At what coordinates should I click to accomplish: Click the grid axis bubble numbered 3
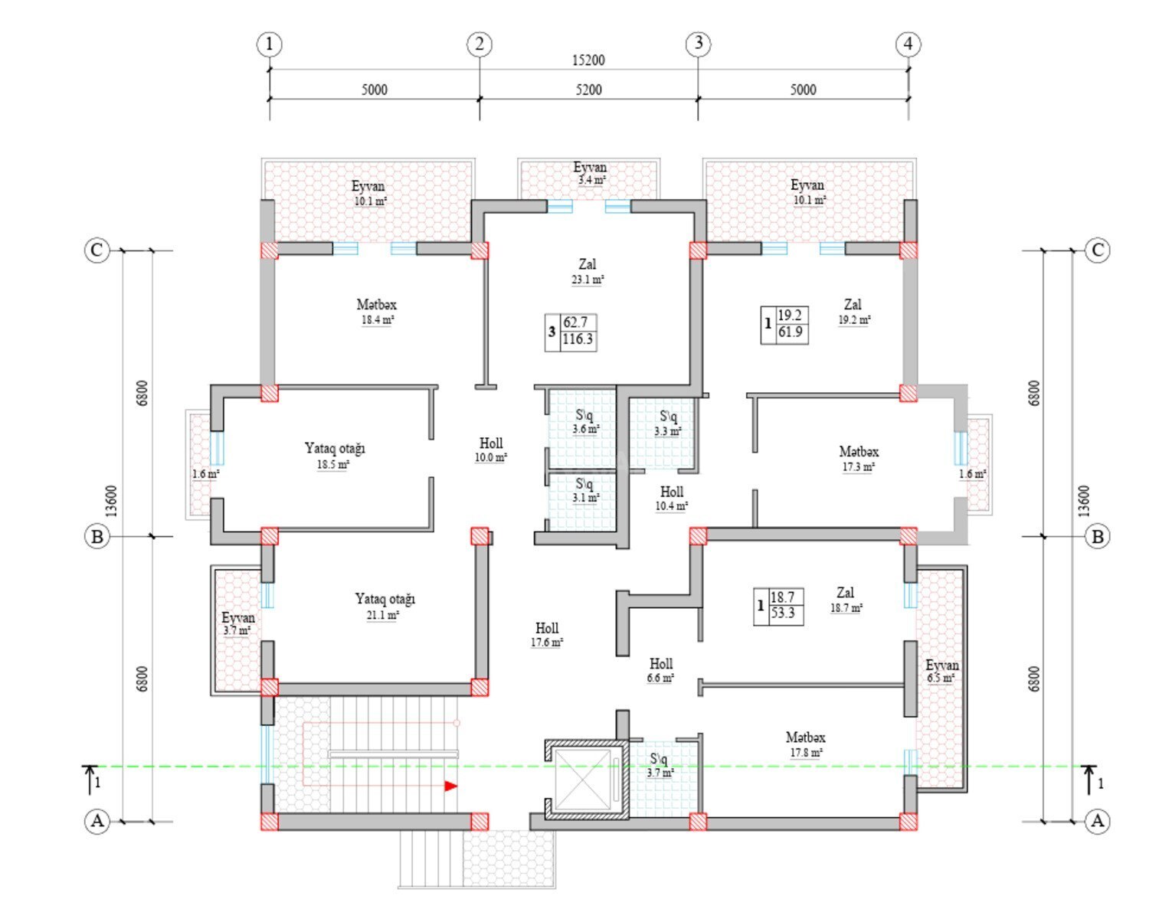click(x=698, y=43)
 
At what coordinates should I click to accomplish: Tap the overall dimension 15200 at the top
click(x=588, y=60)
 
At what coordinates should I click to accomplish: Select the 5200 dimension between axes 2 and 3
click(x=588, y=90)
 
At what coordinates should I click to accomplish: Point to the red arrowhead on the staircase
click(x=451, y=787)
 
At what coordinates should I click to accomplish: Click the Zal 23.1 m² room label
click(x=588, y=271)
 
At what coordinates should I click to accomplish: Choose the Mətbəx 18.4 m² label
click(x=377, y=312)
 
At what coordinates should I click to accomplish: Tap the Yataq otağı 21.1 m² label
click(x=385, y=607)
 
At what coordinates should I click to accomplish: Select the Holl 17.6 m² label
click(x=547, y=634)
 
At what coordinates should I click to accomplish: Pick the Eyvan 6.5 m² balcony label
click(x=941, y=671)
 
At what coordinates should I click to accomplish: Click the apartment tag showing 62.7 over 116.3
click(x=571, y=332)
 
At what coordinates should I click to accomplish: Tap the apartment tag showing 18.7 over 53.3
click(x=778, y=607)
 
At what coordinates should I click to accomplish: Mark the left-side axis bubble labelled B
click(x=97, y=537)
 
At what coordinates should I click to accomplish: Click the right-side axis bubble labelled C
click(x=1097, y=250)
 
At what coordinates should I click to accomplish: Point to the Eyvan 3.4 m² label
click(x=590, y=173)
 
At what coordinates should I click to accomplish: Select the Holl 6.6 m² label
click(x=661, y=671)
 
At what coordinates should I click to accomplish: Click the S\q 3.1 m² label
click(x=586, y=490)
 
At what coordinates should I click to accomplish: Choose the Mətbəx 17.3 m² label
click(x=859, y=459)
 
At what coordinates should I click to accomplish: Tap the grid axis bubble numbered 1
click(x=270, y=44)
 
